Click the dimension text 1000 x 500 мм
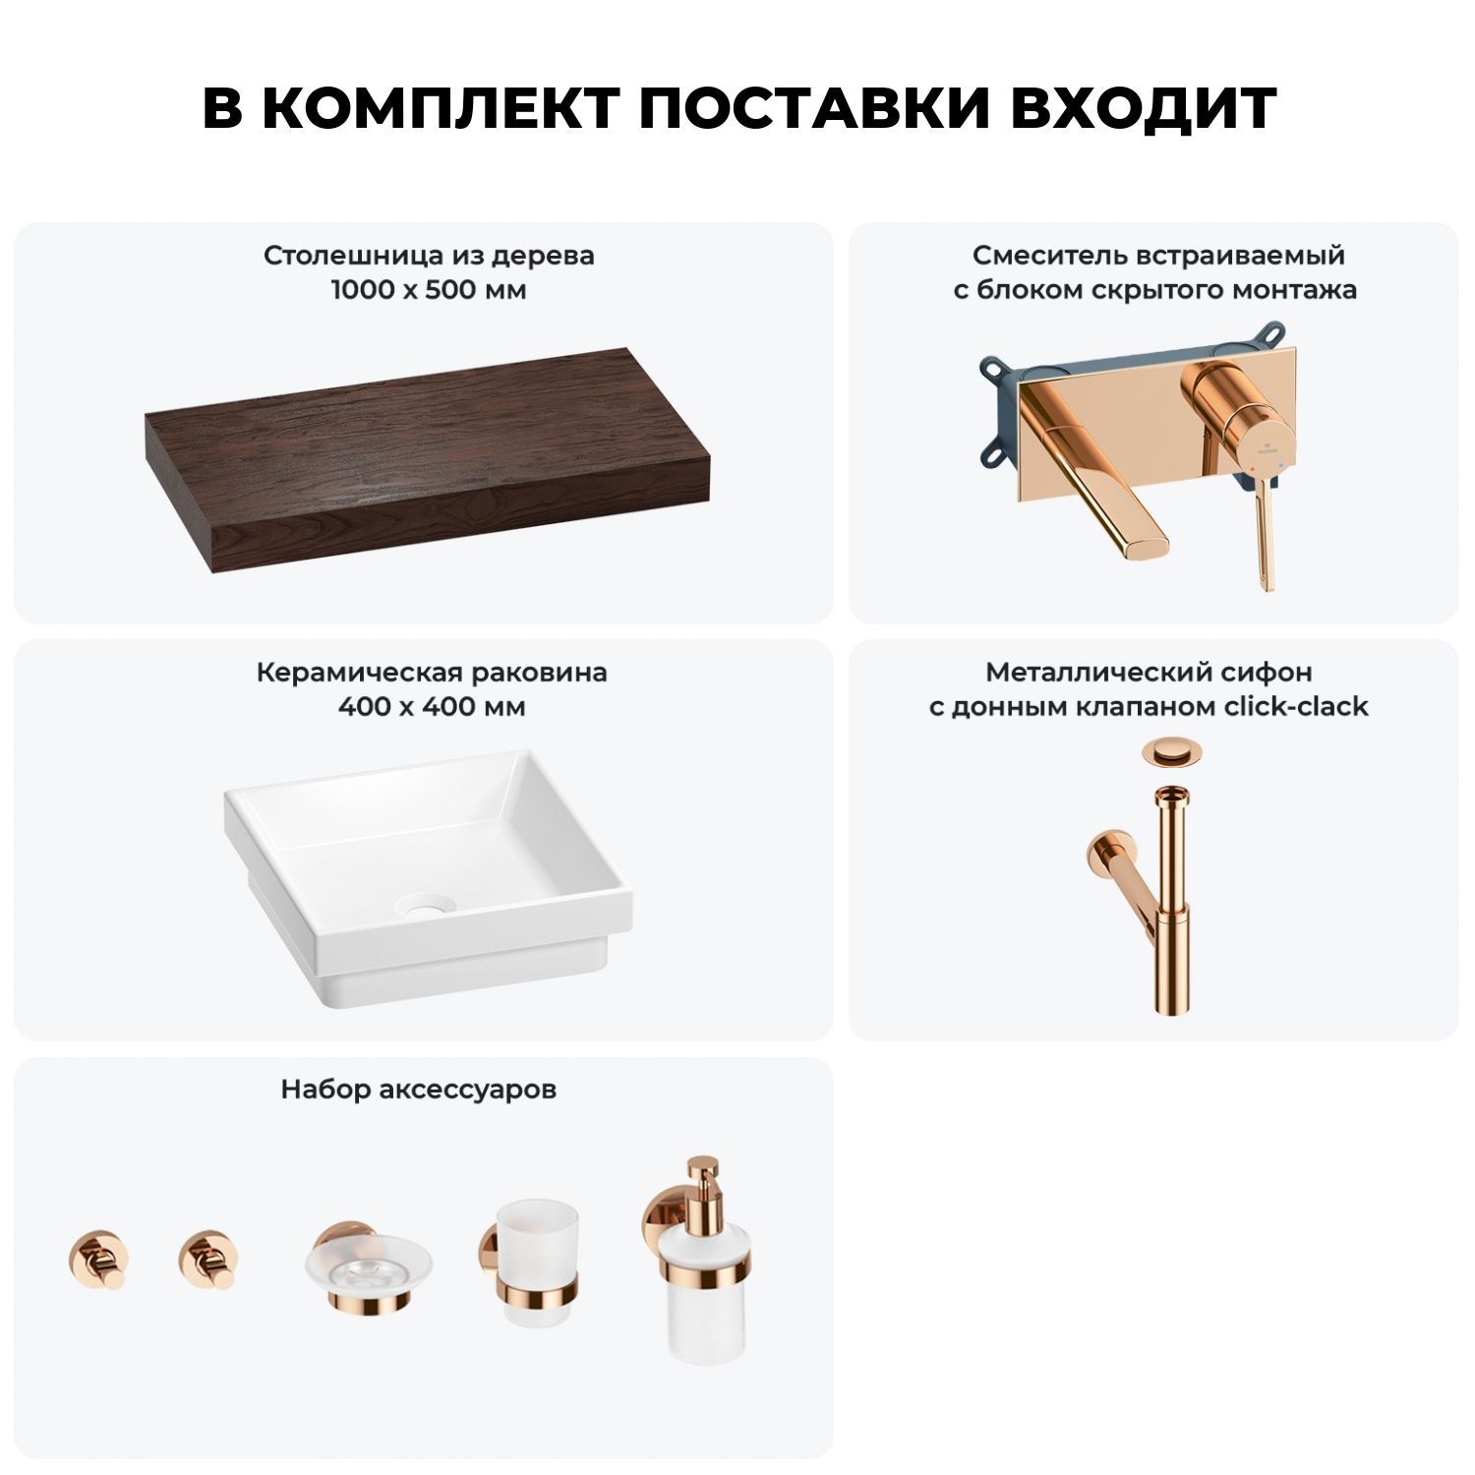[429, 290]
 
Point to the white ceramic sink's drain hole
[426, 906]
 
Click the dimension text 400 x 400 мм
[432, 707]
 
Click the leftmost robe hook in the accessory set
[98, 1259]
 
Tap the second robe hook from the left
[209, 1259]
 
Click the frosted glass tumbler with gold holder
[531, 1262]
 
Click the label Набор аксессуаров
[419, 1090]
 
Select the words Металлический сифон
[1149, 673]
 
